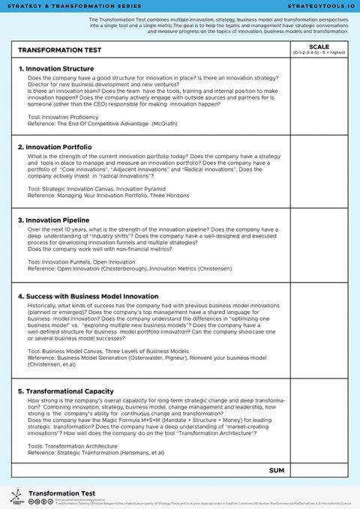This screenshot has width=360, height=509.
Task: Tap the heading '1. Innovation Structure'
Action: tap(56, 69)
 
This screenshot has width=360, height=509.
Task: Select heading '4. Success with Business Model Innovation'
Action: tap(88, 296)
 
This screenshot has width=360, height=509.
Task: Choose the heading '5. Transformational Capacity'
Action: tap(66, 391)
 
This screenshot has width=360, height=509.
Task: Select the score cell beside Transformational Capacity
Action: tap(314, 424)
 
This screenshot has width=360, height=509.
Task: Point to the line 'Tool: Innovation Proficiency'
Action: tap(63, 118)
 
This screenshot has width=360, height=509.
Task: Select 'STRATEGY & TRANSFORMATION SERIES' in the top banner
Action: tap(57, 5)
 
